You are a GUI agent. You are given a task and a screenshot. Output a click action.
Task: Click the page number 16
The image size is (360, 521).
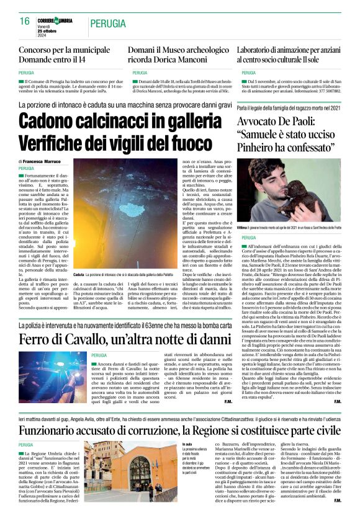point(25,21)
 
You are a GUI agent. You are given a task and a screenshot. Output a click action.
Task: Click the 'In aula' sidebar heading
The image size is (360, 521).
point(187,445)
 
